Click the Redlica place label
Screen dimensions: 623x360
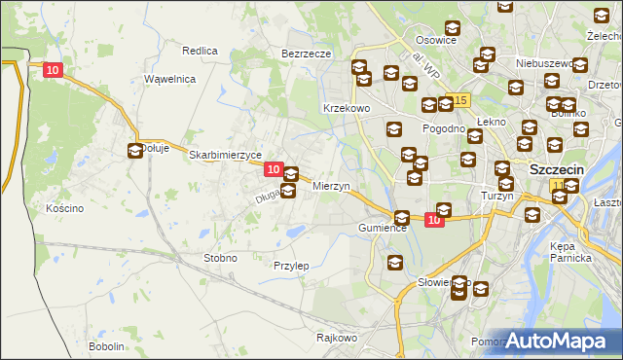(200, 50)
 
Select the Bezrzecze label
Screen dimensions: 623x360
(307, 54)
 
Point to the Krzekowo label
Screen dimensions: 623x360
(347, 109)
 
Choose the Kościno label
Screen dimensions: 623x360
(65, 208)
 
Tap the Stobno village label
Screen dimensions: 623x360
(220, 258)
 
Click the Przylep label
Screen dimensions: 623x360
(291, 265)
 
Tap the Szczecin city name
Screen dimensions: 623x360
(556, 168)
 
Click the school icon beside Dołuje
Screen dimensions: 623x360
(134, 151)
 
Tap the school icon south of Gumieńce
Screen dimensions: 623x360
(395, 262)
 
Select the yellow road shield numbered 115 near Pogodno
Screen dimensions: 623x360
(460, 101)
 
